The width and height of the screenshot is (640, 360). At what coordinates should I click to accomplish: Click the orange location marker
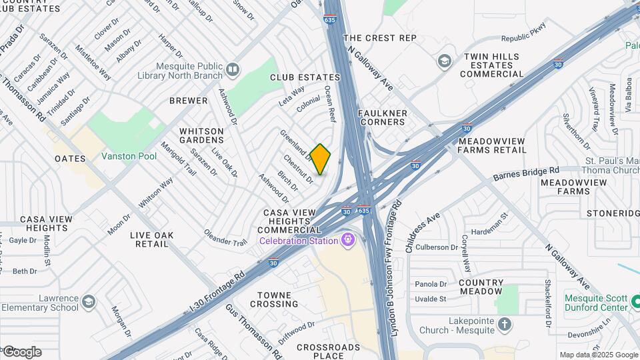pyautogui.click(x=321, y=159)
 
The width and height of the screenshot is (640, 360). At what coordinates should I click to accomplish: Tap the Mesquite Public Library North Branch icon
pyautogui.click(x=233, y=69)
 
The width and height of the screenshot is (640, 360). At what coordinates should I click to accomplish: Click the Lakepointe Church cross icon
pyautogui.click(x=505, y=325)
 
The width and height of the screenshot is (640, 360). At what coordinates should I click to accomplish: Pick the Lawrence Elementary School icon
pyautogui.click(x=88, y=303)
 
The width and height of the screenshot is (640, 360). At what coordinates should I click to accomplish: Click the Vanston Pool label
pyautogui.click(x=129, y=156)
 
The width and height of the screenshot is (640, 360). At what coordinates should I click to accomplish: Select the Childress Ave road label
pyautogui.click(x=423, y=232)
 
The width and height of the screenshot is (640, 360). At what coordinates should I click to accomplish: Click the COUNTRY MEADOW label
pyautogui.click(x=481, y=287)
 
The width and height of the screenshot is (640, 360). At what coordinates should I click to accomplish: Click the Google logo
pyautogui.click(x=22, y=352)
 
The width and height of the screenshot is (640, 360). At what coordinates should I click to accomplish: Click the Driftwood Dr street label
pyautogui.click(x=296, y=331)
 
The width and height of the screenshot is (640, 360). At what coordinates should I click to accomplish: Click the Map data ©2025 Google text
pyautogui.click(x=599, y=355)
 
